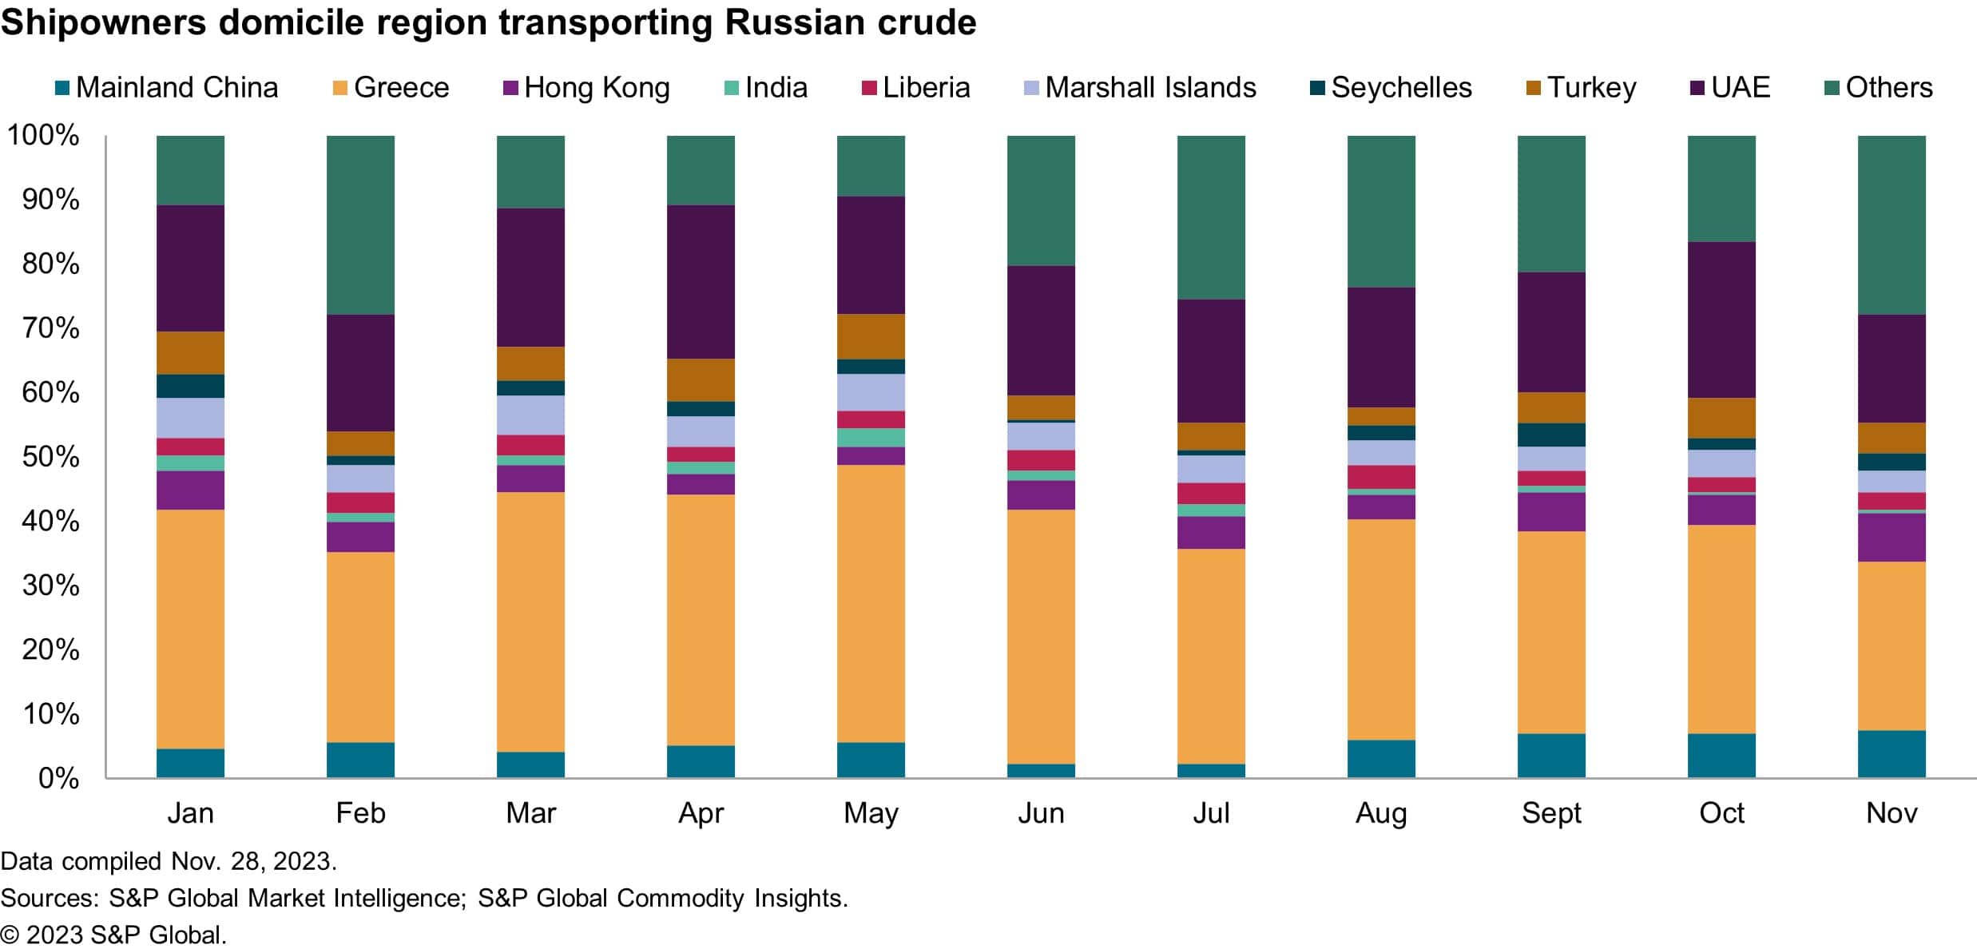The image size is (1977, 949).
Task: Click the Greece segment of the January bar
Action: click(x=190, y=629)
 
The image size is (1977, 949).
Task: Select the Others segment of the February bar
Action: click(x=360, y=224)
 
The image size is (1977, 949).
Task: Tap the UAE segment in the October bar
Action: click(x=1721, y=320)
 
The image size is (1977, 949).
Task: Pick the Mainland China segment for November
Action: click(x=1892, y=753)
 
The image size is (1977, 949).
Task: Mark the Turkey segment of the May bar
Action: click(x=871, y=336)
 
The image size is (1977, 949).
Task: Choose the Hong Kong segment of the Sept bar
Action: click(x=1551, y=511)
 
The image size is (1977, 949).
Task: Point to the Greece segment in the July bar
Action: click(x=1211, y=656)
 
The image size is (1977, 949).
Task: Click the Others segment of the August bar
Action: click(x=1381, y=211)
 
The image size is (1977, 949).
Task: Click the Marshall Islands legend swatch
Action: click(x=1032, y=88)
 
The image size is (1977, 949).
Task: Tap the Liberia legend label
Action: click(x=926, y=88)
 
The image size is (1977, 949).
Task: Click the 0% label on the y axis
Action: click(x=58, y=778)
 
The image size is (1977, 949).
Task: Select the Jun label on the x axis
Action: click(x=1041, y=813)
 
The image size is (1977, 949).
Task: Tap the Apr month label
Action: click(x=701, y=813)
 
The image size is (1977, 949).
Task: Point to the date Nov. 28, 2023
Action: click(x=254, y=861)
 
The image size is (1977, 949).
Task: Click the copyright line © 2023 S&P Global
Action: click(x=113, y=935)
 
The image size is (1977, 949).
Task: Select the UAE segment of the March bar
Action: click(x=530, y=277)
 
